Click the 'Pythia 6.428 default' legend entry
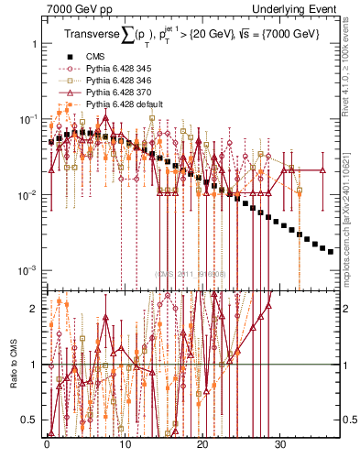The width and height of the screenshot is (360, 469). pyautogui.click(x=124, y=104)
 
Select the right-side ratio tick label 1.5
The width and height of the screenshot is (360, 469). pyautogui.click(x=350, y=337)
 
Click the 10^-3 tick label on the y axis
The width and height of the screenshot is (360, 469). pyautogui.click(x=27, y=270)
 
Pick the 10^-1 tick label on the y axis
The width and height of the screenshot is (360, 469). pyautogui.click(x=27, y=120)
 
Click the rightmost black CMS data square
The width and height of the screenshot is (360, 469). pyautogui.click(x=331, y=251)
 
